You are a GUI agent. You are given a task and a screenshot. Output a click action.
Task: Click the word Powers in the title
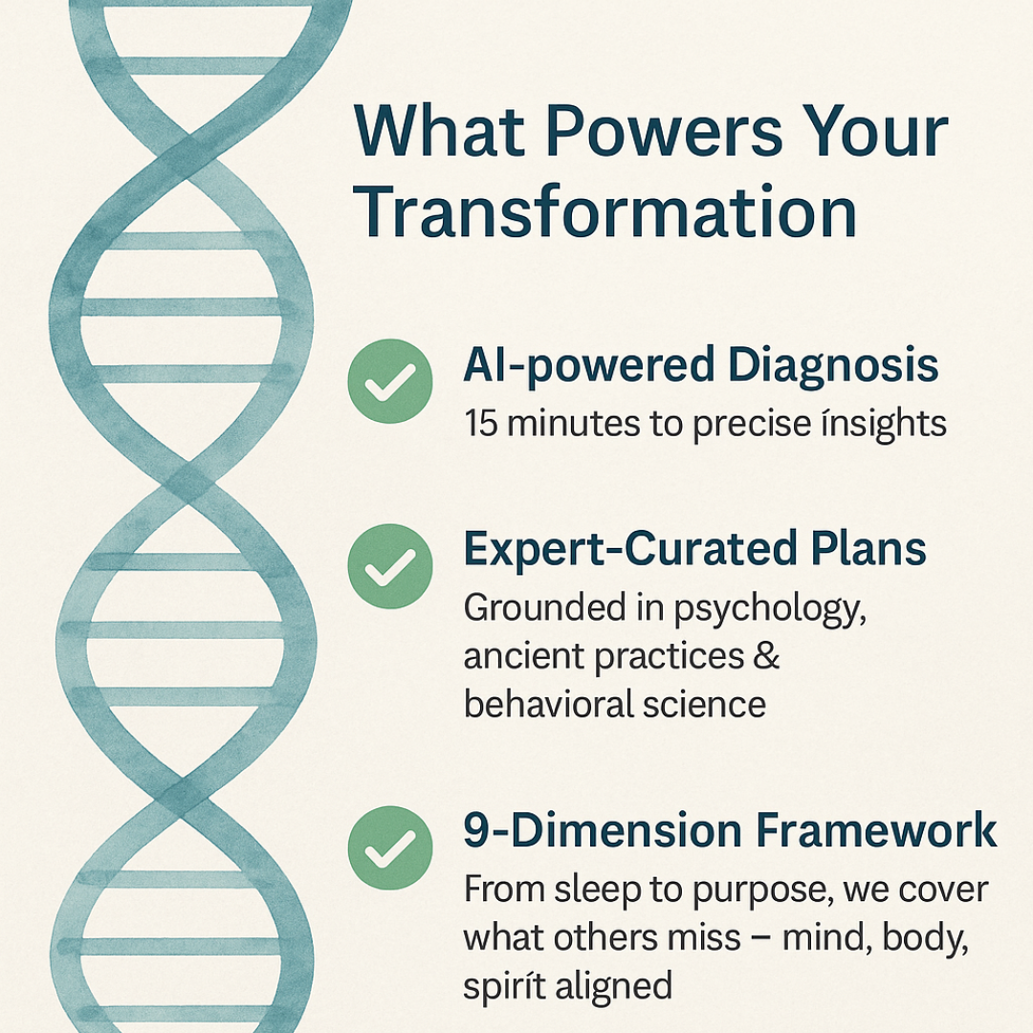[665, 132]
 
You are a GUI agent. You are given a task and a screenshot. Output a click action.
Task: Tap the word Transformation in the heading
[605, 210]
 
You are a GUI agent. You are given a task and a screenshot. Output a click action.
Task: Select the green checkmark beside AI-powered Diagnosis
[390, 381]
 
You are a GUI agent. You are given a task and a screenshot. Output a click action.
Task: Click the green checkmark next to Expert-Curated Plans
[390, 566]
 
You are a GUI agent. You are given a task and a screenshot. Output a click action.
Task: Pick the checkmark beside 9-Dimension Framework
[390, 847]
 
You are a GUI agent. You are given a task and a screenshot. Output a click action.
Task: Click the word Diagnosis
[833, 365]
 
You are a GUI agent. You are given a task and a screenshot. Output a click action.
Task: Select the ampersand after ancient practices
[765, 656]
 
